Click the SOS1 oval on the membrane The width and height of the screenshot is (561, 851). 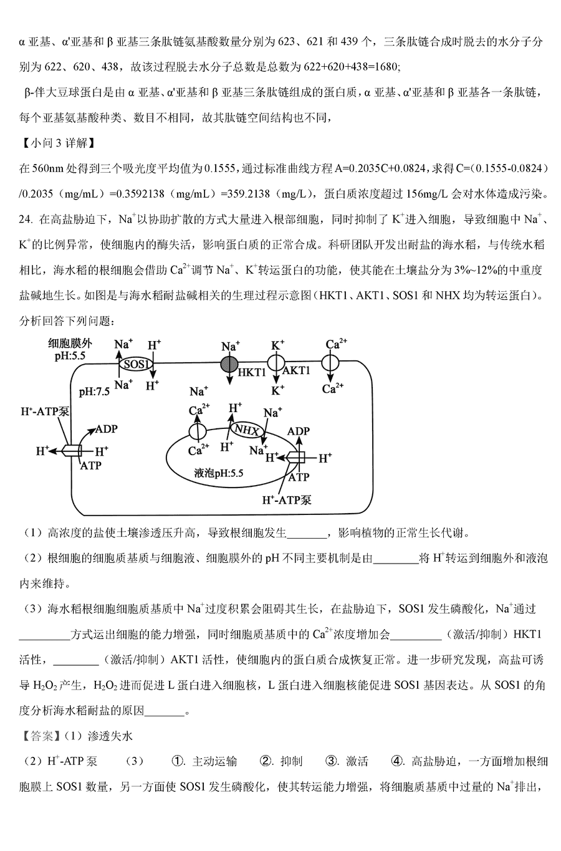pyautogui.click(x=136, y=364)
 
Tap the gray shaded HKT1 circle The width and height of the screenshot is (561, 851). pyautogui.click(x=229, y=364)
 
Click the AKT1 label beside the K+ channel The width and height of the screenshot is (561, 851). pyautogui.click(x=296, y=370)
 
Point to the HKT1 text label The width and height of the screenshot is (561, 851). pyautogui.click(x=251, y=372)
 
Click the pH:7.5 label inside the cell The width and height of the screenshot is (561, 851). pyautogui.click(x=94, y=392)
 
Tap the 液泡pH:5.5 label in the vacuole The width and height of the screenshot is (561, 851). pyautogui.click(x=218, y=473)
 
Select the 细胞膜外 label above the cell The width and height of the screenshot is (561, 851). pyautogui.click(x=70, y=344)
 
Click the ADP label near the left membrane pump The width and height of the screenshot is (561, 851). pyautogui.click(x=107, y=429)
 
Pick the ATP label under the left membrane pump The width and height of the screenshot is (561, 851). pyautogui.click(x=91, y=465)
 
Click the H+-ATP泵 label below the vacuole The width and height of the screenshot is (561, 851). pyautogui.click(x=287, y=499)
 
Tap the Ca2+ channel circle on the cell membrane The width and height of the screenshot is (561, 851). pyautogui.click(x=330, y=363)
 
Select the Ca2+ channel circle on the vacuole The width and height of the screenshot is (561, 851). pyautogui.click(x=198, y=432)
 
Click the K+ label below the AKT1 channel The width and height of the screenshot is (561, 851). pyautogui.click(x=277, y=390)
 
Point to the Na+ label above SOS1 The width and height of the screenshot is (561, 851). pyautogui.click(x=123, y=344)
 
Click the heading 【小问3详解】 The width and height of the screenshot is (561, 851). pyautogui.click(x=57, y=143)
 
